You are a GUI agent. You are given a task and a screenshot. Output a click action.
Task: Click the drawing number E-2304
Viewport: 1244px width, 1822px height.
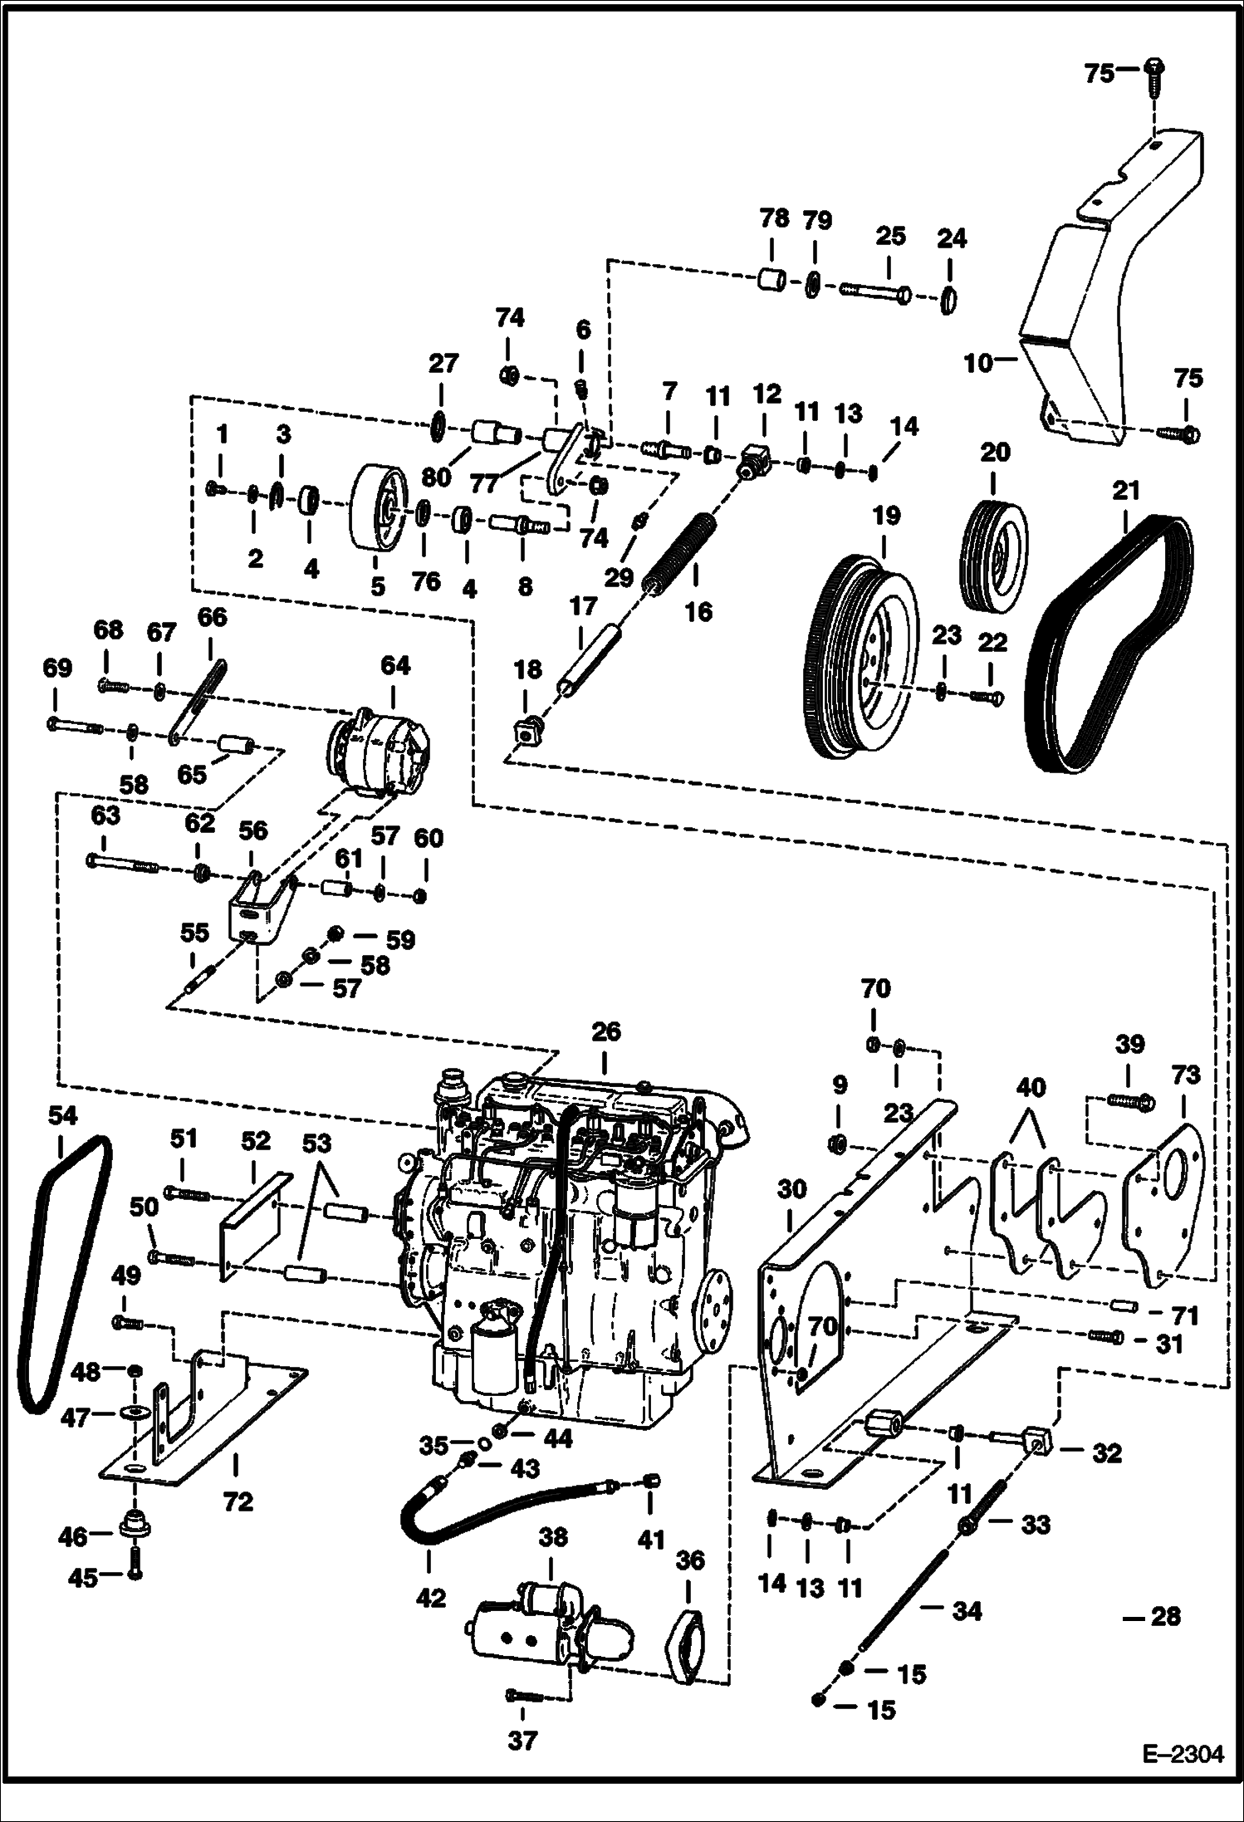(1183, 1771)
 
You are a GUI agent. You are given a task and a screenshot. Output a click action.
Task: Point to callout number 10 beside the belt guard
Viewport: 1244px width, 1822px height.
(978, 364)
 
